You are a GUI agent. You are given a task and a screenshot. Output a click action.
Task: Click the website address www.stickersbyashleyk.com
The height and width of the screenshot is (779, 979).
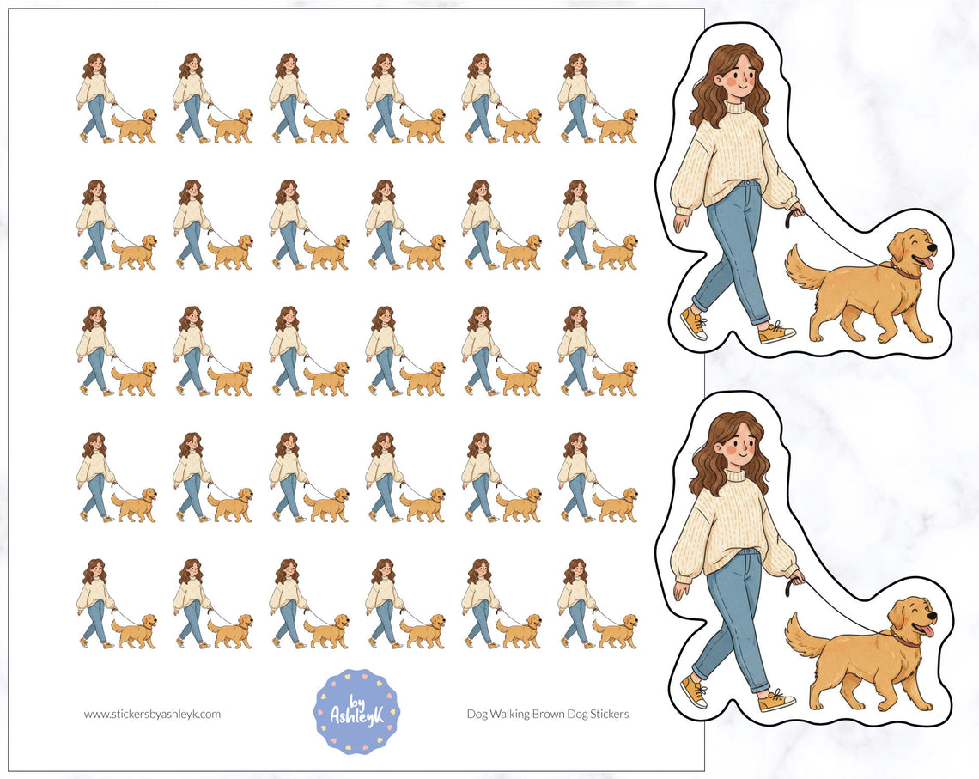coord(152,714)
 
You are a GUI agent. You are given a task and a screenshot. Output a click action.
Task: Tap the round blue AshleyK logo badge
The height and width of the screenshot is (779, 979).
coord(357,711)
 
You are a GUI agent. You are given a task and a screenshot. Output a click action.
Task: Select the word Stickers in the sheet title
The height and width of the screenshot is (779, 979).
coord(609,714)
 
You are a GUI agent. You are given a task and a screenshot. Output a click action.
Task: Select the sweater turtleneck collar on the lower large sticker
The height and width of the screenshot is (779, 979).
coord(738,476)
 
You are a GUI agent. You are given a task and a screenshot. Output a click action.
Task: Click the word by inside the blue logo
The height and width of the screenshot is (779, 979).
coord(357,691)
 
